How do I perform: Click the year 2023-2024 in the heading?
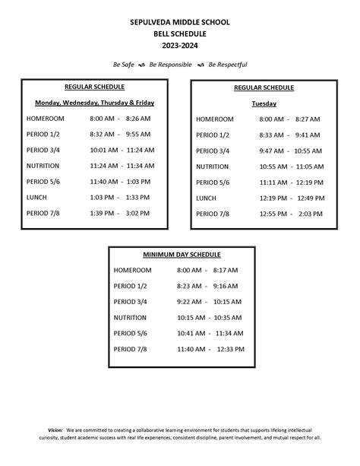pyautogui.click(x=179, y=46)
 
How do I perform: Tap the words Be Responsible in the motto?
pyautogui.click(x=171, y=65)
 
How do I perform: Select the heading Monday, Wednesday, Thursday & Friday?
pyautogui.click(x=94, y=103)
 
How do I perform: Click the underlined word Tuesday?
pyautogui.click(x=264, y=103)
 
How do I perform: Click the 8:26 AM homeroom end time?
pyautogui.click(x=138, y=119)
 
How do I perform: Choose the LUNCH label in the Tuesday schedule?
pyautogui.click(x=207, y=198)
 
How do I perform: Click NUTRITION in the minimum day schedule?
pyautogui.click(x=131, y=317)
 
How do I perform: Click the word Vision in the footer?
pyautogui.click(x=55, y=430)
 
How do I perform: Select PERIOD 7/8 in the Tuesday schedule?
pyautogui.click(x=213, y=214)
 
